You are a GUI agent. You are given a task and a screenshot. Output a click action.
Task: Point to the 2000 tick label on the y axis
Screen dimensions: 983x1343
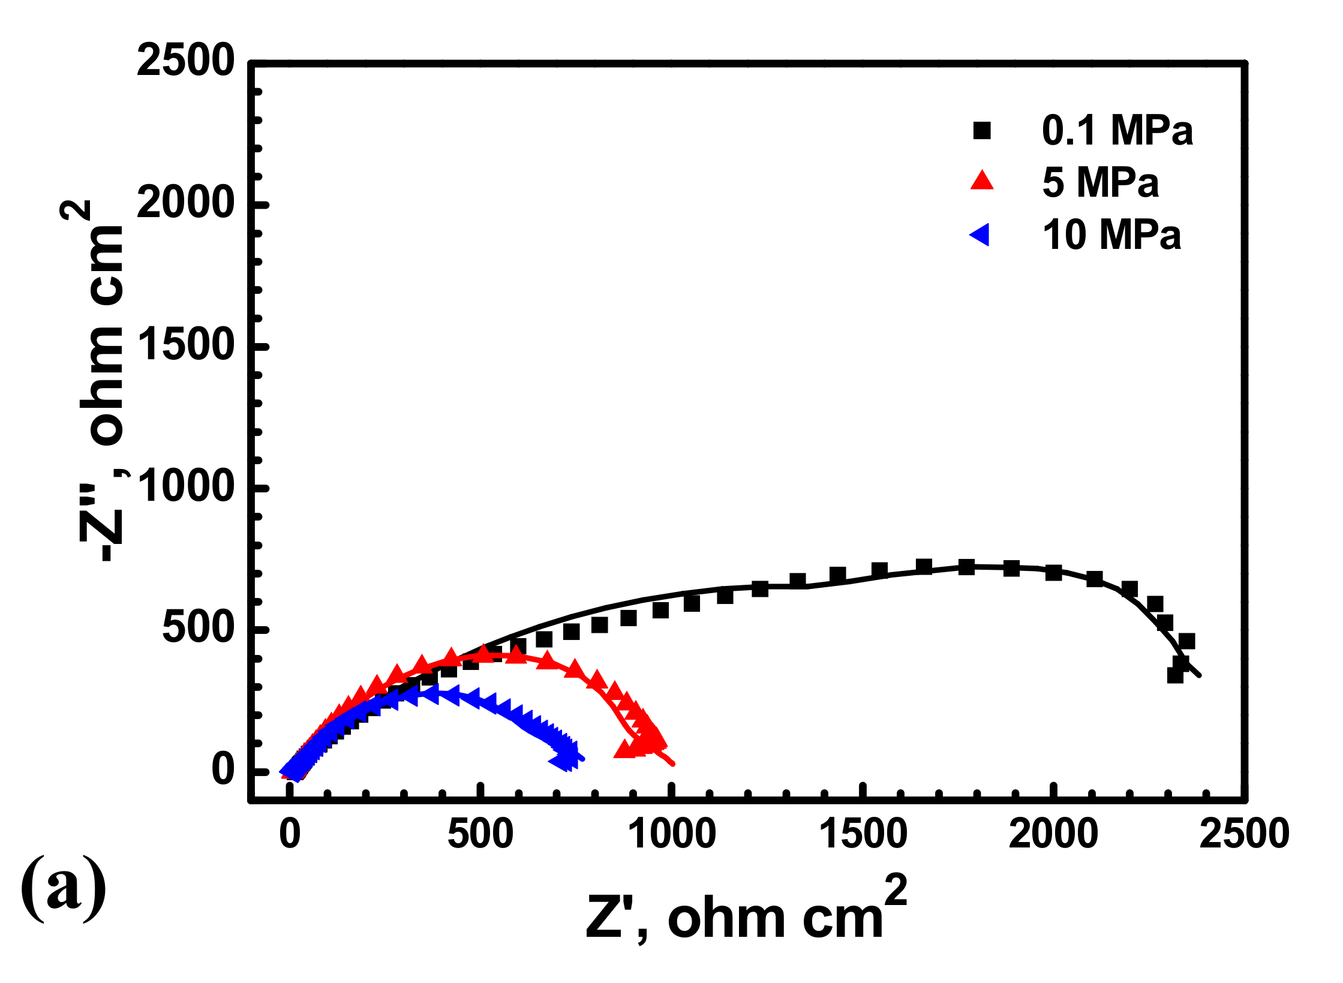[185, 203]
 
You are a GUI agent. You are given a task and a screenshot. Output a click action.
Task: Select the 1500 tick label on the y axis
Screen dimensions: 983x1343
[185, 345]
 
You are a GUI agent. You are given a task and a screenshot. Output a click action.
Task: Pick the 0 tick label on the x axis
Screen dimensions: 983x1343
[290, 834]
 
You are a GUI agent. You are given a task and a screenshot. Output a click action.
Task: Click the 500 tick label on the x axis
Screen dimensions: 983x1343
[480, 834]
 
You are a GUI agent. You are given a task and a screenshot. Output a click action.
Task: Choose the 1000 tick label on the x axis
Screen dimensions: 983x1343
[671, 834]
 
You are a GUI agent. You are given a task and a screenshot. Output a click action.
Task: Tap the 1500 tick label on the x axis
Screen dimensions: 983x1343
[863, 834]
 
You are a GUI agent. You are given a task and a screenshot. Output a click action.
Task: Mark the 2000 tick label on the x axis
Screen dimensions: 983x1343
[1053, 834]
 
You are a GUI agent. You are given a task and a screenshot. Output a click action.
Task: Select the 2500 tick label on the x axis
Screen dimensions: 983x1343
[1243, 834]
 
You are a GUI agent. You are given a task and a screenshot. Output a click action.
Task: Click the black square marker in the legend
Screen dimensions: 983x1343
[981, 130]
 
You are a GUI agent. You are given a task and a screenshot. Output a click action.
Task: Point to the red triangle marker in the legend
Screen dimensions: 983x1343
[982, 181]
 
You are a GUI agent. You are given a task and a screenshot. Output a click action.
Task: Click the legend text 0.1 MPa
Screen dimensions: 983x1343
[1117, 130]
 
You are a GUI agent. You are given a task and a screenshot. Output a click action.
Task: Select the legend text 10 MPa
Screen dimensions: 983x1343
[1111, 235]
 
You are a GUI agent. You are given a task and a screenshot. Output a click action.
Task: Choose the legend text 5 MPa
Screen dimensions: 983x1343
[1100, 182]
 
